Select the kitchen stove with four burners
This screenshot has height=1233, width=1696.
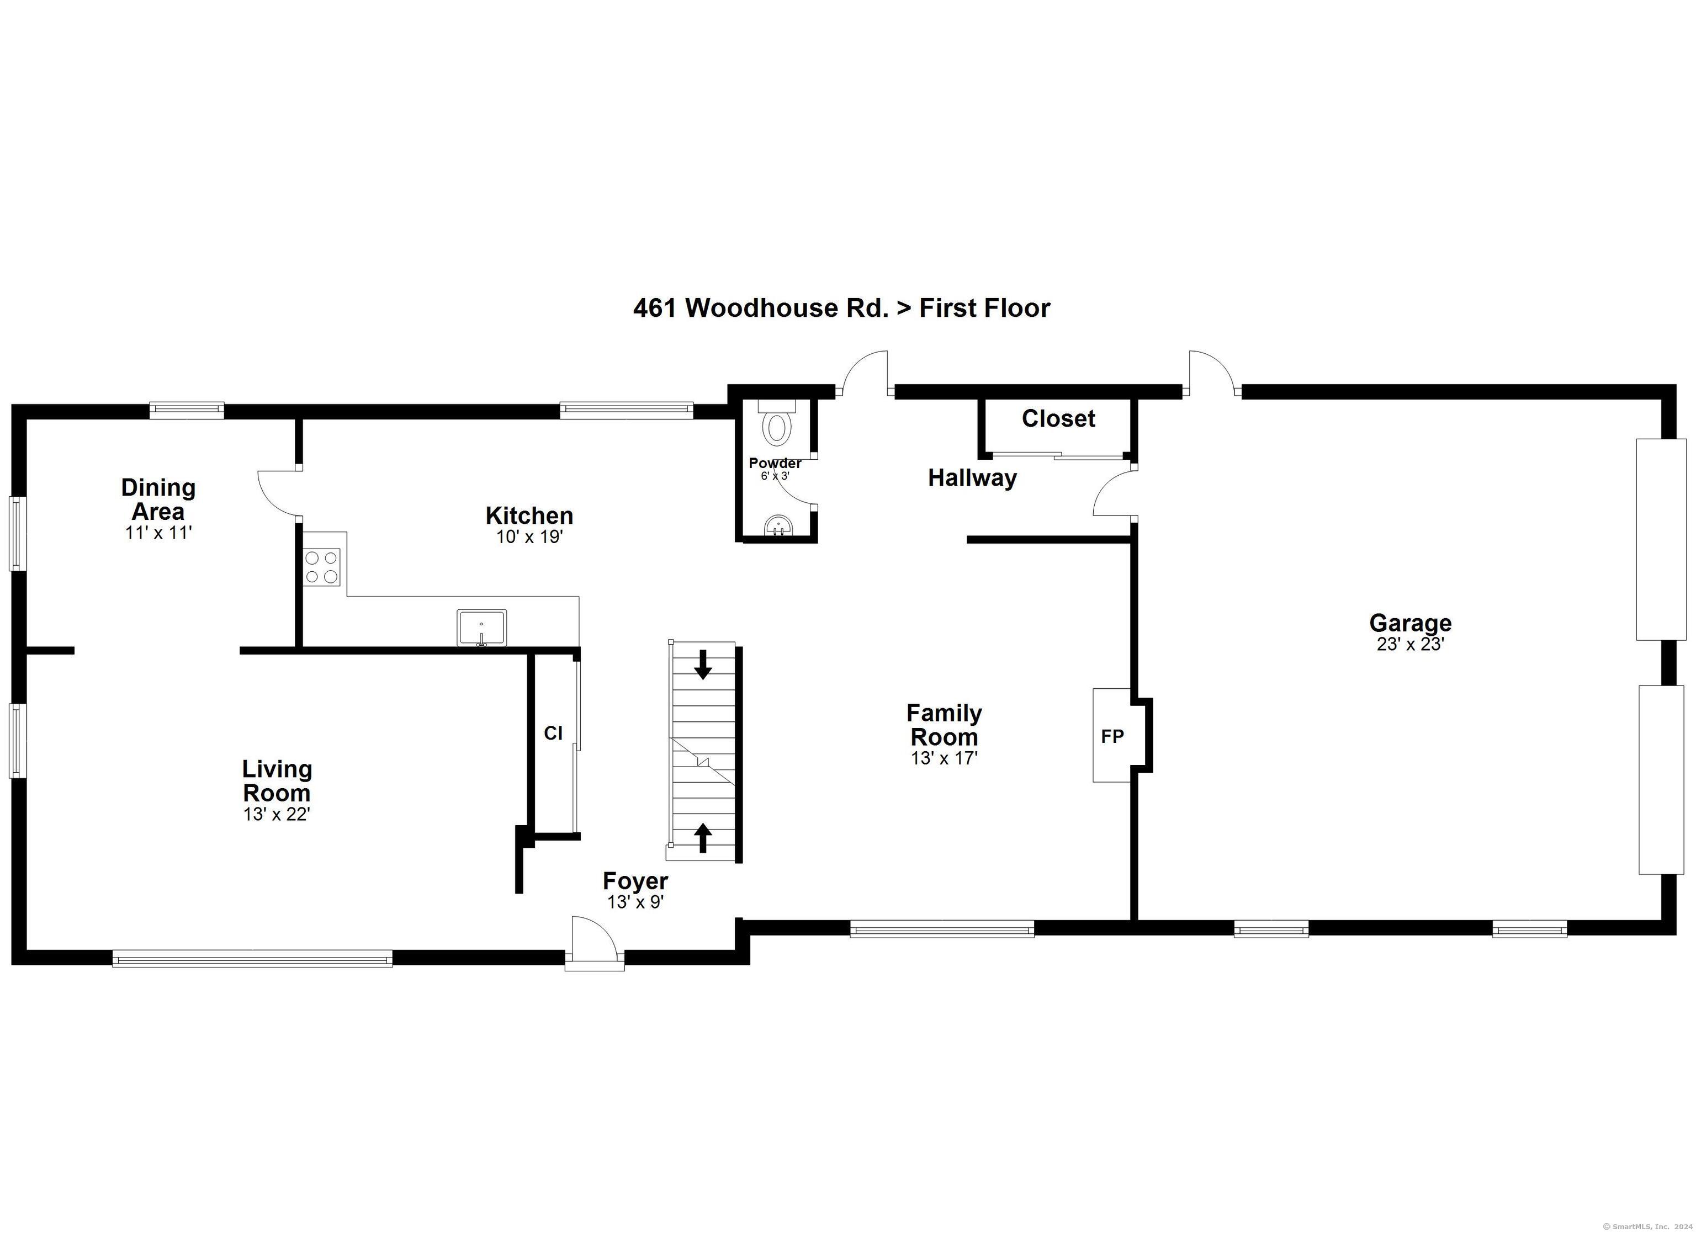pyautogui.click(x=321, y=567)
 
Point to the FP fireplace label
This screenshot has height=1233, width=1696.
pyautogui.click(x=1112, y=736)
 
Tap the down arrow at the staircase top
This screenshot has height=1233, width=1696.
pyautogui.click(x=703, y=664)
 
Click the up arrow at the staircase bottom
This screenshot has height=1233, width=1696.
pyautogui.click(x=703, y=837)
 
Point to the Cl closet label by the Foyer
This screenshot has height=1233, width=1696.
pyautogui.click(x=553, y=734)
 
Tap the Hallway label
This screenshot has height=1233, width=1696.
pyautogui.click(x=972, y=478)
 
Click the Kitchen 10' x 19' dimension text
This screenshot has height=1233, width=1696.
pyautogui.click(x=529, y=537)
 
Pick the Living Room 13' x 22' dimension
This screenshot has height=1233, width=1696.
pyautogui.click(x=277, y=814)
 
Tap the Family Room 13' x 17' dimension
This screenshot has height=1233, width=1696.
pyautogui.click(x=944, y=758)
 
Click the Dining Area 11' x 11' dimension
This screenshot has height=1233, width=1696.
pyautogui.click(x=158, y=533)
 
